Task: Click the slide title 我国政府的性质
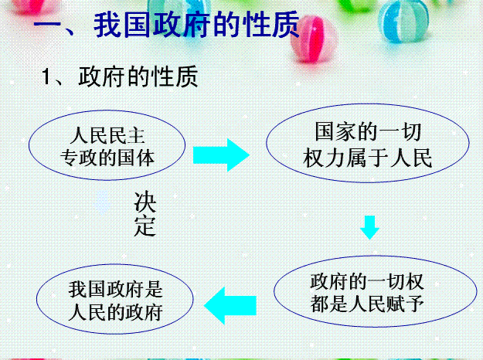click(166, 24)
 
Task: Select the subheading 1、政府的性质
click(120, 76)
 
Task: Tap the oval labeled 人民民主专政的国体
click(107, 145)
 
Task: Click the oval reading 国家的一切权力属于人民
click(368, 143)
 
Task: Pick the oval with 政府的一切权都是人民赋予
click(375, 291)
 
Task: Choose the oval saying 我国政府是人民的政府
click(115, 299)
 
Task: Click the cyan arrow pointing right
click(221, 155)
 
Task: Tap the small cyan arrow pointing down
click(369, 227)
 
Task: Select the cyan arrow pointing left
click(230, 305)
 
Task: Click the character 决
click(145, 202)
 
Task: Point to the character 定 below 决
click(145, 226)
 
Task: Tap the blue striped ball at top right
click(403, 21)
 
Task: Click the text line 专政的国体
click(107, 158)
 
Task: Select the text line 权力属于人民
click(368, 158)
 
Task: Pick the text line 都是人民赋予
click(367, 304)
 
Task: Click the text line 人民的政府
click(115, 312)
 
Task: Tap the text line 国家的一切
click(368, 132)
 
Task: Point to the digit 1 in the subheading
click(46, 76)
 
